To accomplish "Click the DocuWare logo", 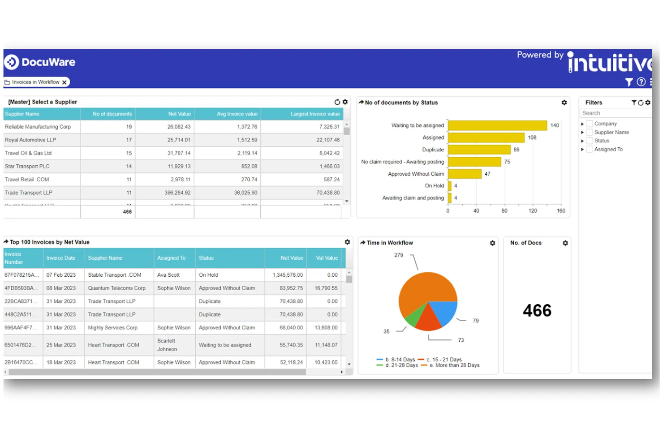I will tap(40, 62).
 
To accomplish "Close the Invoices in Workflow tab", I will tap(65, 82).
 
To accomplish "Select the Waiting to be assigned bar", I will tap(497, 125).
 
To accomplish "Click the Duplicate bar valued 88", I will tap(479, 150).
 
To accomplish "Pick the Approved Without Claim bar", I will tap(465, 174).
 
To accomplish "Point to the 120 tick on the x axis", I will tap(533, 210).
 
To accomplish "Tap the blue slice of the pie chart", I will tap(444, 312).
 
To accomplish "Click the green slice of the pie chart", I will tap(415, 316).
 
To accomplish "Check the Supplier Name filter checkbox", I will tap(590, 132).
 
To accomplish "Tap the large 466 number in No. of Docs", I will tap(537, 310).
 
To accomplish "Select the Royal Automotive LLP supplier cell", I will tap(30, 140).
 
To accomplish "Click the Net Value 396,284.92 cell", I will tap(177, 193).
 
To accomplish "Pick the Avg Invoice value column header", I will tap(237, 114).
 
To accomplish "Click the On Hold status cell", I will tap(208, 275).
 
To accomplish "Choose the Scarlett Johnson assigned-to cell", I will tap(167, 345).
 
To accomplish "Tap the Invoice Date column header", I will tap(61, 258).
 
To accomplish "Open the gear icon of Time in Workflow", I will tap(492, 243).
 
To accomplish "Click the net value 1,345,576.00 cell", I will tap(288, 275).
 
